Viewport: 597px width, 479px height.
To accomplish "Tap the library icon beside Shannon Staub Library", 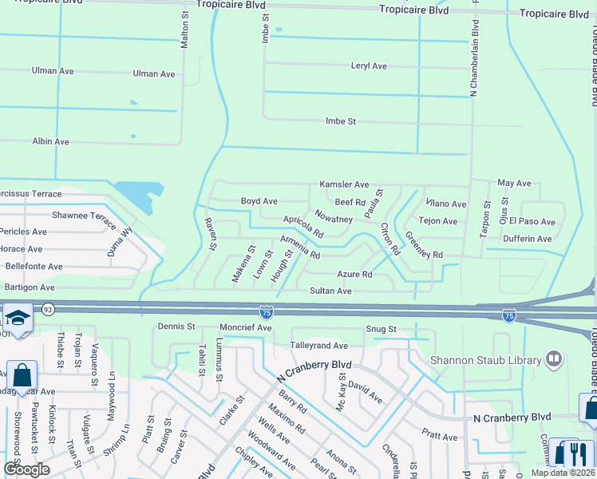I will [x=552, y=360].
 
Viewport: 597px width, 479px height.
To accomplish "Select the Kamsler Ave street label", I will [x=344, y=184].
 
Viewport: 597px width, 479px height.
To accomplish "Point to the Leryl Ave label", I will [x=369, y=66].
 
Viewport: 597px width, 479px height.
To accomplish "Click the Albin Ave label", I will [x=50, y=141].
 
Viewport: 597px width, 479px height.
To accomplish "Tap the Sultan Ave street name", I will [x=330, y=291].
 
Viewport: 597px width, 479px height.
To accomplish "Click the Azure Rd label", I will [x=354, y=275].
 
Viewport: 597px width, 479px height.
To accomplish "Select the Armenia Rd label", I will [x=299, y=248].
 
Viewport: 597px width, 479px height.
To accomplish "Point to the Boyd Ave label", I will [x=259, y=201].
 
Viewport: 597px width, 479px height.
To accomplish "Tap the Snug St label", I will [x=382, y=329].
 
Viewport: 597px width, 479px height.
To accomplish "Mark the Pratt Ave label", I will [x=440, y=437].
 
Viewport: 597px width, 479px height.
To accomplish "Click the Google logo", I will [x=27, y=469].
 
